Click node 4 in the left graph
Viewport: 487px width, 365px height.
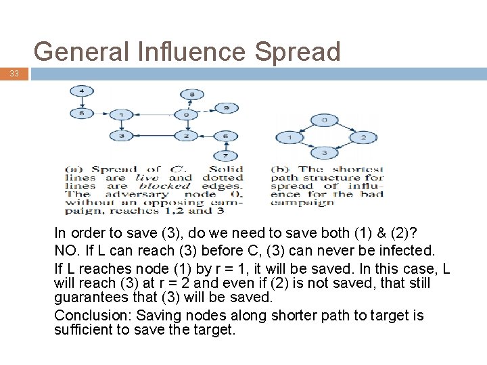point(82,91)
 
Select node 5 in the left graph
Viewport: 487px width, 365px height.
point(82,114)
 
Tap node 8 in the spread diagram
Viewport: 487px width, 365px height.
point(192,94)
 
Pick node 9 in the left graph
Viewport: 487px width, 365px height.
point(227,108)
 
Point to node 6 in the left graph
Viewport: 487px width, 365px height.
point(227,137)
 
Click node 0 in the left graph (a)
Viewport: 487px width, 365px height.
point(187,115)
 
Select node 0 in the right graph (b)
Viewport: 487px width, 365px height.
point(325,120)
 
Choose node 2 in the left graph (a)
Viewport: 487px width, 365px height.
point(186,137)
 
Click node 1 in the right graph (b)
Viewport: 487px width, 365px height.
point(289,137)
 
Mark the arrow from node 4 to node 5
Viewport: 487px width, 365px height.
point(82,103)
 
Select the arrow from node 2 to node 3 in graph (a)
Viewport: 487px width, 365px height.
point(154,137)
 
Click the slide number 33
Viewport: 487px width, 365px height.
point(15,74)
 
